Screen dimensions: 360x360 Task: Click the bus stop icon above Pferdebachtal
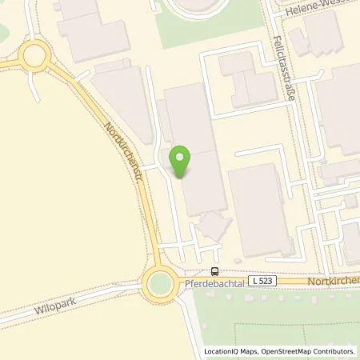pyautogui.click(x=214, y=271)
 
